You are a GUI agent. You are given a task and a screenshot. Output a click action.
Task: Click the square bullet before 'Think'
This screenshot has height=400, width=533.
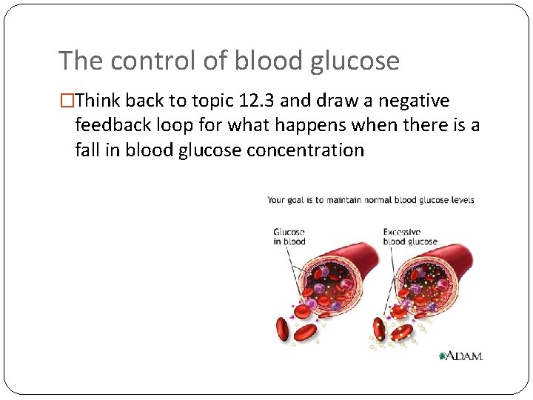click(67, 101)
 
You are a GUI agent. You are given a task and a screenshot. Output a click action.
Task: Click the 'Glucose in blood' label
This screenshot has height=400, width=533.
click(289, 236)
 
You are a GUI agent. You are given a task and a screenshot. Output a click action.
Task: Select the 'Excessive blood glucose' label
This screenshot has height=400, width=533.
click(409, 236)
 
